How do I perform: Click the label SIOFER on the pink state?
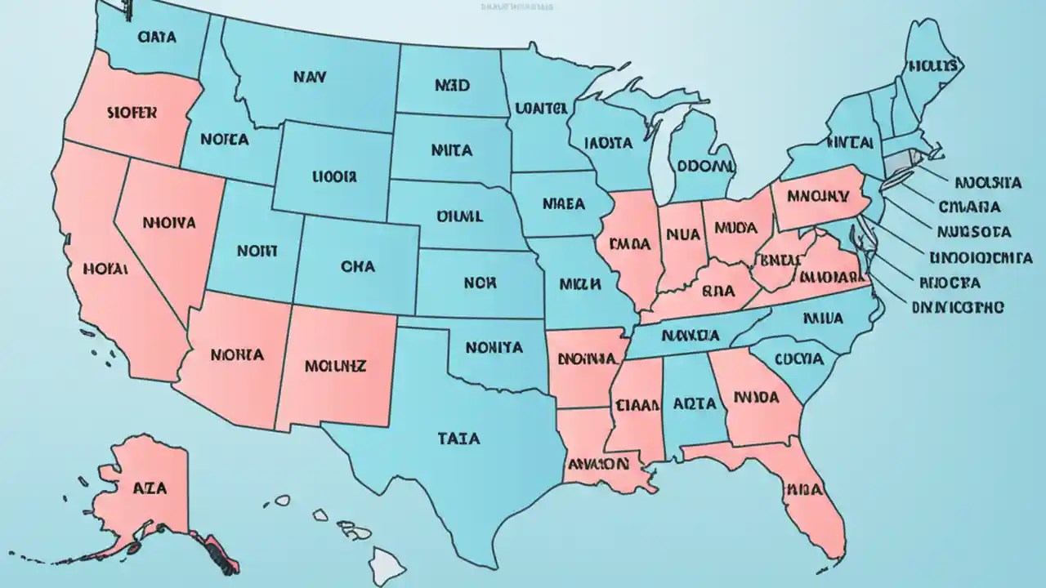point(131,113)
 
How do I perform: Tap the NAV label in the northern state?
point(309,78)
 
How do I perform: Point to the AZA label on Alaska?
point(149,488)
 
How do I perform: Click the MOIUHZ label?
point(335,366)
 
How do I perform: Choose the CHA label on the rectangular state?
point(357,265)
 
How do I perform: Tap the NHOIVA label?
point(168,221)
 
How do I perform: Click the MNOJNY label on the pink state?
point(820,197)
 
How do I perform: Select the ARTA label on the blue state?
point(695,403)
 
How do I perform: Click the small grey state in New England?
point(899,162)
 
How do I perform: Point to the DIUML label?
point(459,217)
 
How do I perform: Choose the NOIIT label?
point(257,252)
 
